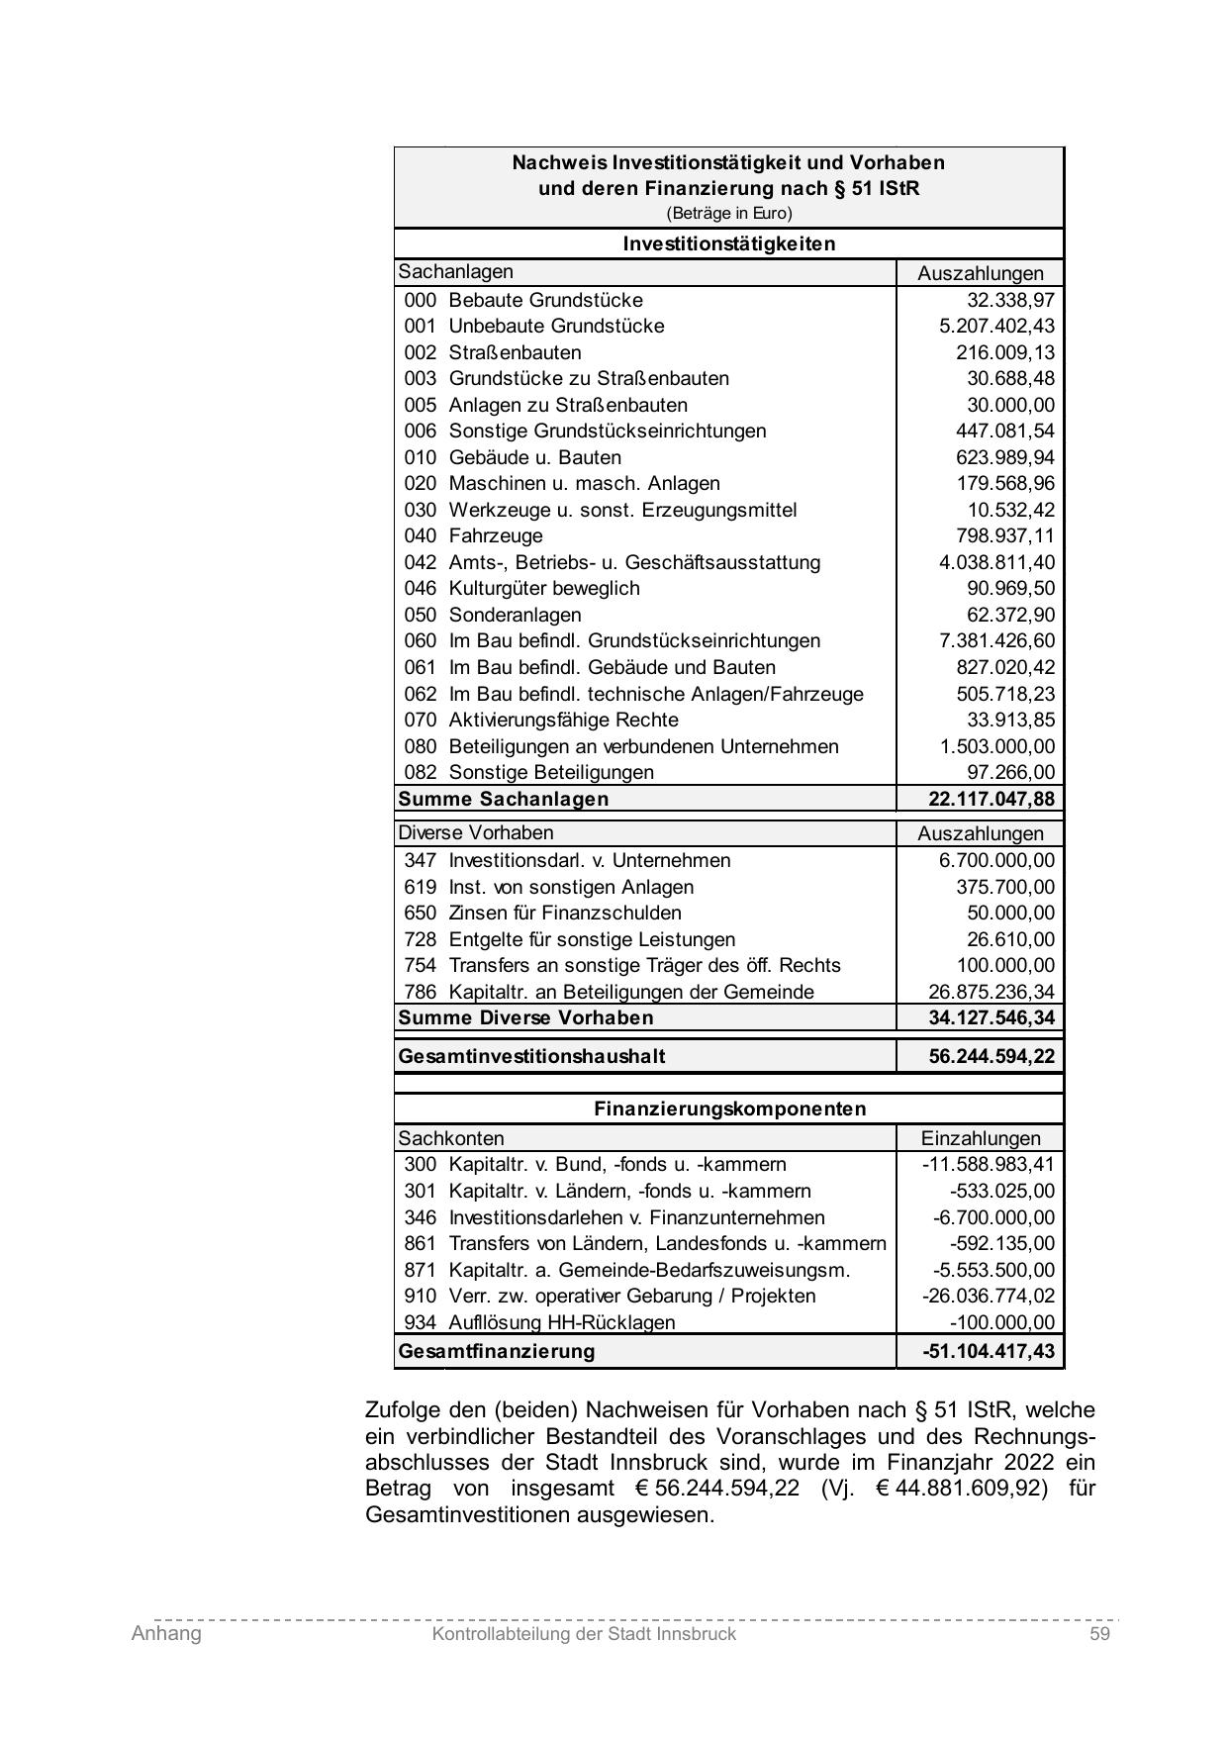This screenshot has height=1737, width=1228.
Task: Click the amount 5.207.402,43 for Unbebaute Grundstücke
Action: pyautogui.click(x=996, y=327)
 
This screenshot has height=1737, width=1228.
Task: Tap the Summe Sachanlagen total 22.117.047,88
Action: pyautogui.click(x=992, y=799)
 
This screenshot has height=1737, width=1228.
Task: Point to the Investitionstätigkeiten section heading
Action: pyautogui.click(x=728, y=243)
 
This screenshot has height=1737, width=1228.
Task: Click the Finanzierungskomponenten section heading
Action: pyautogui.click(x=729, y=1109)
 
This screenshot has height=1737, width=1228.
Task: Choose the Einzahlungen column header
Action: pyautogui.click(x=981, y=1138)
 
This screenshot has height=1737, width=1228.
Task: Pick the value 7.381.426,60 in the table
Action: pyautogui.click(x=996, y=641)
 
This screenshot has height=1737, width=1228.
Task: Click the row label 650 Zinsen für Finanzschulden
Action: pyautogui.click(x=542, y=914)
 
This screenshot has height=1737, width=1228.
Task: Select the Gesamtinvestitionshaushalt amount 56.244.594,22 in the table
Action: pyautogui.click(x=992, y=1056)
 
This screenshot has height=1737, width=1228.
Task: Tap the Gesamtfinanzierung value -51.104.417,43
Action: pyautogui.click(x=989, y=1351)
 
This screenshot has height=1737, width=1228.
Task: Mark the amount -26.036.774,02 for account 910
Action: pyautogui.click(x=989, y=1297)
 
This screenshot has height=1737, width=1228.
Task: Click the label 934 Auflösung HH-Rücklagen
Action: pyautogui.click(x=539, y=1323)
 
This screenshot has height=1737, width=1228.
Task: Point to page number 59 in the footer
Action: pyautogui.click(x=1099, y=1634)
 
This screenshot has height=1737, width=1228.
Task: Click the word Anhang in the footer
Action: pyautogui.click(x=166, y=1634)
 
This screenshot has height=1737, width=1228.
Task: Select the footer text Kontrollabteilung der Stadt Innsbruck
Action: pyautogui.click(x=584, y=1635)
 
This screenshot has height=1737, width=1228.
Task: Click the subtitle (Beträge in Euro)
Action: pyautogui.click(x=728, y=214)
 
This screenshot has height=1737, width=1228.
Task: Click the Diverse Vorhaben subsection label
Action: pyautogui.click(x=476, y=833)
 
